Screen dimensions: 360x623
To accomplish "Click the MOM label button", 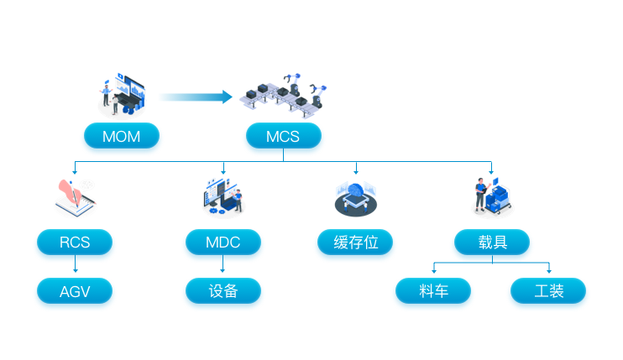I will tap(121, 135).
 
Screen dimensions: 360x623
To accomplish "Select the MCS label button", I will tap(283, 135).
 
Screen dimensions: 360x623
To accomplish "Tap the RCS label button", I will tap(75, 243).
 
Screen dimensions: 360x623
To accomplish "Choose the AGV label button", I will tap(75, 291).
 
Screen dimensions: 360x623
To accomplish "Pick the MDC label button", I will tap(222, 243).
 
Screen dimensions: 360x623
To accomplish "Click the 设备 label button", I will tap(222, 291).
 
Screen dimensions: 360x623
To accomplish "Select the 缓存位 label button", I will tap(355, 243).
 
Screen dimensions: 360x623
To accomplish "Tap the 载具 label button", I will tap(492, 243).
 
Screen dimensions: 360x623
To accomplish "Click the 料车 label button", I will tap(433, 291).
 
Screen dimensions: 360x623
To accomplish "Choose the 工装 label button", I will tap(548, 291).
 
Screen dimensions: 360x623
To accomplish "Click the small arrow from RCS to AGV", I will tap(75, 265).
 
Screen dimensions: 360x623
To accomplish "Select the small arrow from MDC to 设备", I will tap(222, 265).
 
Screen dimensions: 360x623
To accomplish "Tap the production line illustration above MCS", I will tap(284, 94).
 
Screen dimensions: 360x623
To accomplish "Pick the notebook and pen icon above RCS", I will tap(74, 198).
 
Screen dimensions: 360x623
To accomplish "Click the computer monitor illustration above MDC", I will tap(222, 196).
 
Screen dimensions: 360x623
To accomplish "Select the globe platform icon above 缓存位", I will tap(355, 199).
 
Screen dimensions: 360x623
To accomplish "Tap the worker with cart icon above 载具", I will tap(492, 196).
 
